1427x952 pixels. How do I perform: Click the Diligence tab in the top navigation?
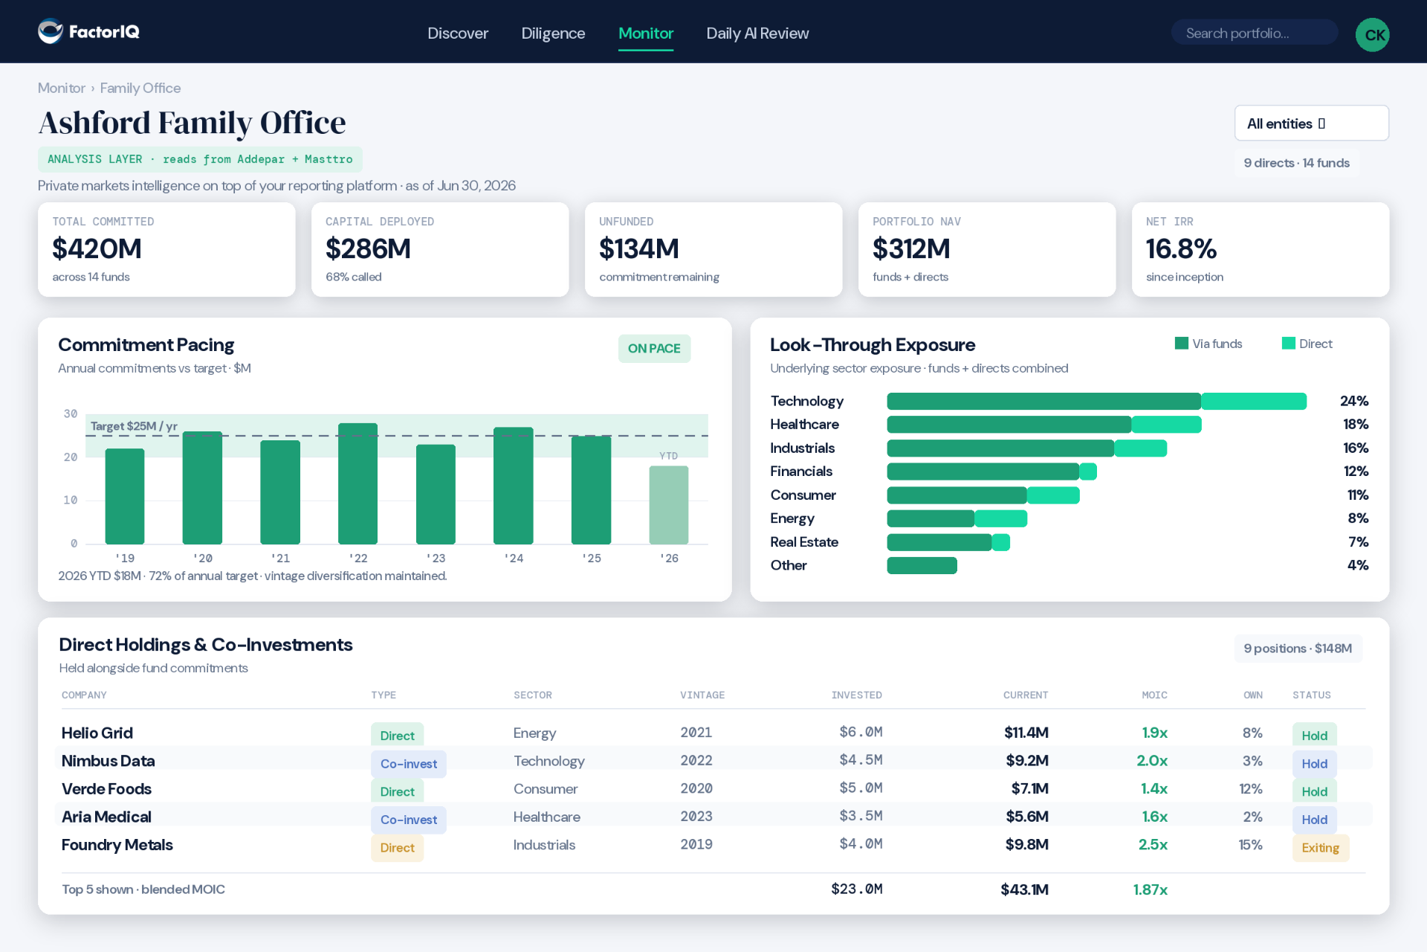coord(553,33)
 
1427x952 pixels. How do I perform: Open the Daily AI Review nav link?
coord(757,33)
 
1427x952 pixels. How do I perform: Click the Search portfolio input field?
coord(1254,33)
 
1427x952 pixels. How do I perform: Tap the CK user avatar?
coord(1372,34)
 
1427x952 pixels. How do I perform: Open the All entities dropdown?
coord(1311,123)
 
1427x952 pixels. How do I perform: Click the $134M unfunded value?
coord(639,248)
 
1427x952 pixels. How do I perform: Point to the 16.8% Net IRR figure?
coord(1181,248)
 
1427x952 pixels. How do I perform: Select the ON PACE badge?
coord(654,348)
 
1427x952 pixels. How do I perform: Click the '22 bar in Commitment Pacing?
coord(357,483)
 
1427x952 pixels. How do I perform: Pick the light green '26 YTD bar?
coord(669,505)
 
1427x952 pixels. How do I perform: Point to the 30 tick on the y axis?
coord(71,414)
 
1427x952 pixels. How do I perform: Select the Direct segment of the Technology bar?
coord(1254,401)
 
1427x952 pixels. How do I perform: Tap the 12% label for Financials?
coord(1356,471)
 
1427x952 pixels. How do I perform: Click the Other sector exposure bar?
coord(922,565)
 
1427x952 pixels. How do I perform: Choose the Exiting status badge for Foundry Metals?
coord(1320,848)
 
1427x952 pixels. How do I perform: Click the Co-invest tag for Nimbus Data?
coord(409,764)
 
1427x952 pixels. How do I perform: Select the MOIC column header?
coord(1154,695)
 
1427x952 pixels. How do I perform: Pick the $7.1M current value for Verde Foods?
coord(1029,788)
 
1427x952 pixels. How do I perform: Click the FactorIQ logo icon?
coord(51,31)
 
